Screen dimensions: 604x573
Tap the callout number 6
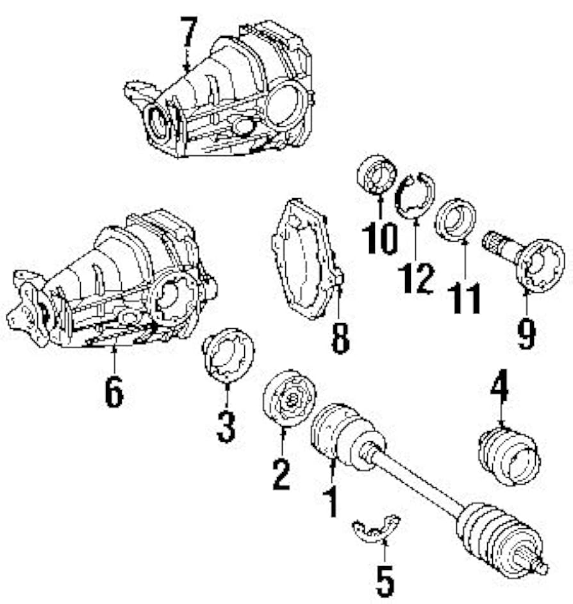113,392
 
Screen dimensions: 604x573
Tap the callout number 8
340,338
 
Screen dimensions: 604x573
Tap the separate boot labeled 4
510,455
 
